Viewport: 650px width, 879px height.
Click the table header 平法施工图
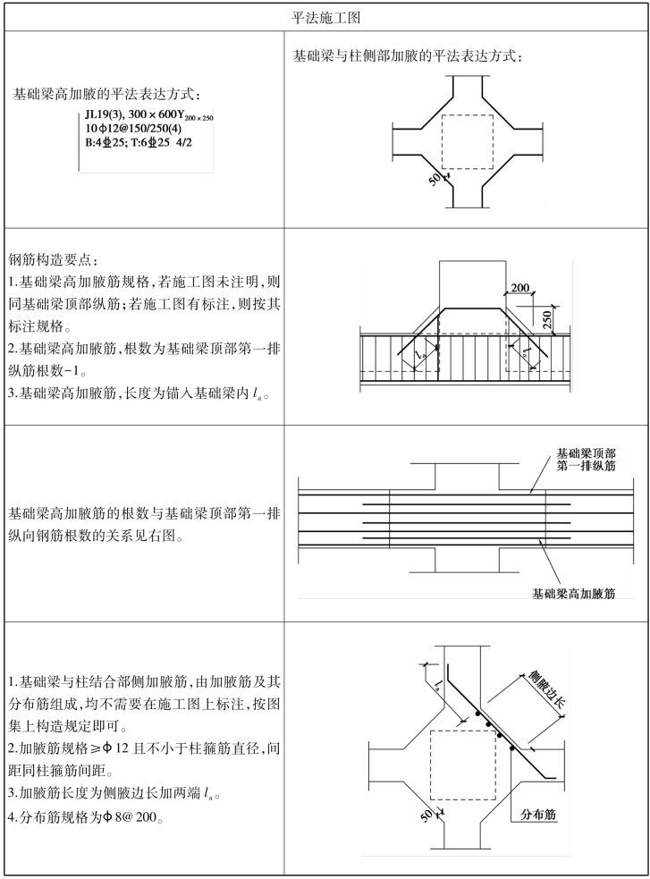pos(325,17)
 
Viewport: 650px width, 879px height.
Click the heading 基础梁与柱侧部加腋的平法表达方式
pos(408,55)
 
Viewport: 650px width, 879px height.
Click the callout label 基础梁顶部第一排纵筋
pos(586,460)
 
